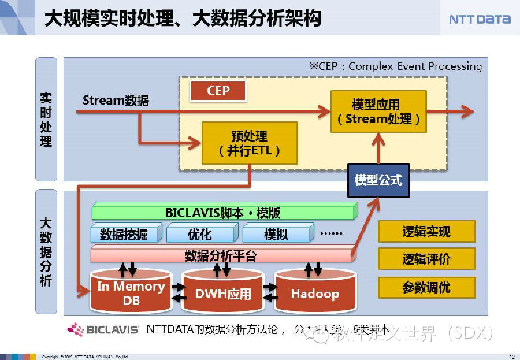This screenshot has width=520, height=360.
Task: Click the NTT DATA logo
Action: coord(480,19)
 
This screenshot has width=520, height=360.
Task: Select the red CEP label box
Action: coord(218,91)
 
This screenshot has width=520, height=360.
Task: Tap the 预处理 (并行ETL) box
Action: coord(249,143)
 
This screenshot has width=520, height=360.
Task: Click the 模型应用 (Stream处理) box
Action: coord(378,112)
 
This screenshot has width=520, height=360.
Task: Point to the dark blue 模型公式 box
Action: coord(378,180)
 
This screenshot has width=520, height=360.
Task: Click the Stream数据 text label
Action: coord(116,101)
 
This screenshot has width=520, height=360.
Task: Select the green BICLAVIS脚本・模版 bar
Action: coord(223,212)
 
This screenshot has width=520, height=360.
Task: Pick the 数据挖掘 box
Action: coord(124,234)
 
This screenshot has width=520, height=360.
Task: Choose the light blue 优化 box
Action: coord(200,234)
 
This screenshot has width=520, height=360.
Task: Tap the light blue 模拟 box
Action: coord(276,234)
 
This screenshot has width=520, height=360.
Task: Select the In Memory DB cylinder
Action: coord(131,292)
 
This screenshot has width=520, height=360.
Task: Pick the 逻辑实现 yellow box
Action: coord(426,232)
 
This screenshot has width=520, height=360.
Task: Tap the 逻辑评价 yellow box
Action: coord(426,259)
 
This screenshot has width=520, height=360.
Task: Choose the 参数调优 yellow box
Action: coord(426,287)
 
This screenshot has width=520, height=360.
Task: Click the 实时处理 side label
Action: coord(46,119)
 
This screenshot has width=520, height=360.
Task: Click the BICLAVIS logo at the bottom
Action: coord(103,330)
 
